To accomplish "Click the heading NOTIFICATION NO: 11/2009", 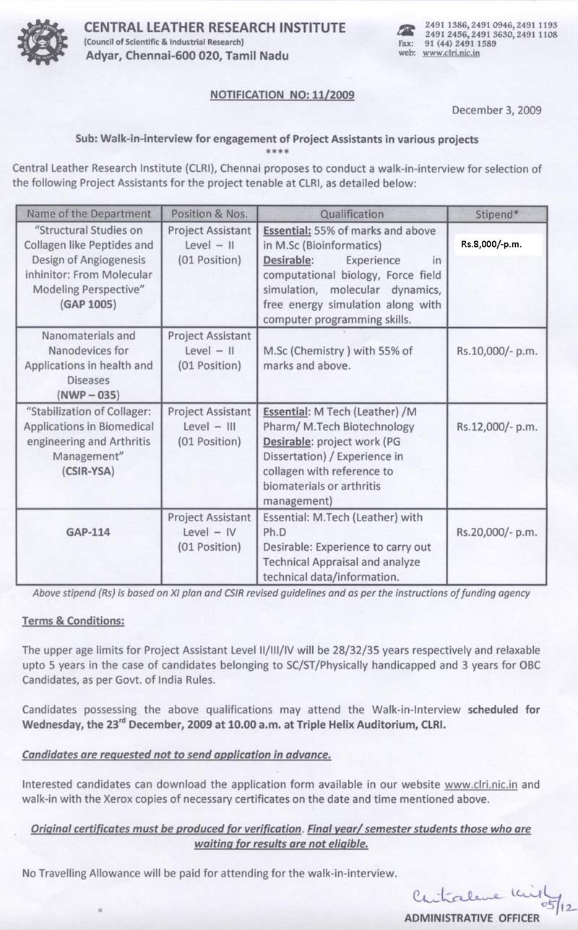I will pos(282,94).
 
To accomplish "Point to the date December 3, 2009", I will pos(497,110).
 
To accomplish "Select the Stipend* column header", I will pos(496,214).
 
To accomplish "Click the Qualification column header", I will pos(352,214).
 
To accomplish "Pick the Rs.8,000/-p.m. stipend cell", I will pos(496,244).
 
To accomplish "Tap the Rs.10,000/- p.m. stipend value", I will pos(496,352).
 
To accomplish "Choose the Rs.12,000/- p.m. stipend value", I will pos(496,427).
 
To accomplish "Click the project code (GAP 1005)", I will pos(90,305).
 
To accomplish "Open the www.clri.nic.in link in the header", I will pos(454,53).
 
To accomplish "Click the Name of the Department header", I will pos(90,214).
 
